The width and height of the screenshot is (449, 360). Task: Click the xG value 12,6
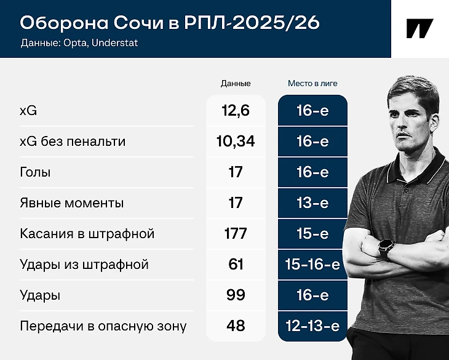tap(236, 111)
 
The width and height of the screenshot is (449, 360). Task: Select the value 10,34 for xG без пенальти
tap(236, 141)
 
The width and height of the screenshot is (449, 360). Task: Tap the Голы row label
tap(35, 172)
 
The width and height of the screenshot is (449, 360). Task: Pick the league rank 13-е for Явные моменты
tap(312, 202)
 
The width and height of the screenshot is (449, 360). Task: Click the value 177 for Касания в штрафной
tap(236, 233)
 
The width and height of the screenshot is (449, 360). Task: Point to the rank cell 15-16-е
tap(312, 265)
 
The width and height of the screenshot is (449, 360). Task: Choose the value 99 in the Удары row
tap(236, 295)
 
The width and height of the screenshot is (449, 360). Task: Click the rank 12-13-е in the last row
tap(312, 326)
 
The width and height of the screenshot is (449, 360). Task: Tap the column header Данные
tap(236, 83)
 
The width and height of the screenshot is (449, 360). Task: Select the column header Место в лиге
tap(312, 83)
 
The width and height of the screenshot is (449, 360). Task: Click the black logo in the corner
tap(420, 28)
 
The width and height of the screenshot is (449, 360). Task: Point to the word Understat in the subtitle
tap(115, 42)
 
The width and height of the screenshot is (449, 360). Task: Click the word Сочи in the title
tap(138, 23)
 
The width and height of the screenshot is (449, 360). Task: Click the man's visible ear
tap(434, 124)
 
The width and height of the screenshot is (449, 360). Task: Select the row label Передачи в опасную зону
tap(103, 326)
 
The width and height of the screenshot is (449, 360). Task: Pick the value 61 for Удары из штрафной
tap(236, 265)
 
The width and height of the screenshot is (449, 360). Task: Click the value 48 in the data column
tap(236, 326)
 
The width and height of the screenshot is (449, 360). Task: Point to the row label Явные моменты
tap(71, 202)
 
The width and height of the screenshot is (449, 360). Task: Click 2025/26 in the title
tap(276, 23)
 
